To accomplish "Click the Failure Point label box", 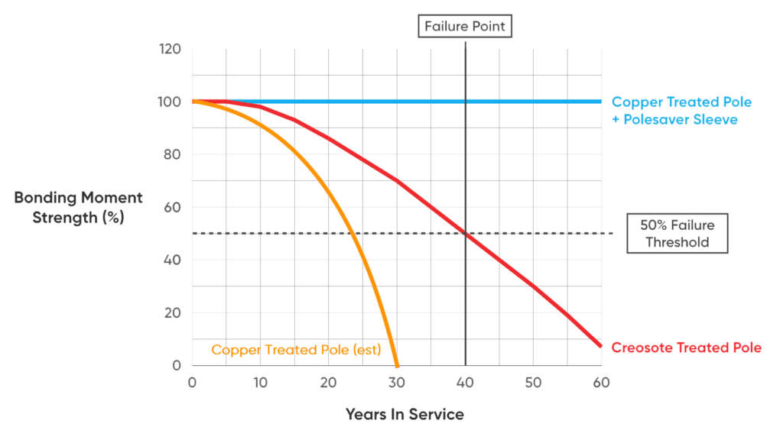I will pyautogui.click(x=466, y=27).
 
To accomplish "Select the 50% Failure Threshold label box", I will pyautogui.click(x=677, y=233).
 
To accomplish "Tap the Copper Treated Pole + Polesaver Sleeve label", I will pyautogui.click(x=681, y=111).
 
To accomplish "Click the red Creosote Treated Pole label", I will pyautogui.click(x=686, y=348).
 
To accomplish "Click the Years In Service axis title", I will pyautogui.click(x=404, y=415).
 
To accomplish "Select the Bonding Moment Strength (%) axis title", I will pyautogui.click(x=79, y=207).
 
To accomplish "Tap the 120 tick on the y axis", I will pyautogui.click(x=170, y=50).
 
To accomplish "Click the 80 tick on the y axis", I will pyautogui.click(x=172, y=154).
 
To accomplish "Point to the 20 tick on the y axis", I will pyautogui.click(x=172, y=313).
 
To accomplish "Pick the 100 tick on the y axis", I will pyautogui.click(x=170, y=102).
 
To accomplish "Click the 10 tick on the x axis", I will pyautogui.click(x=260, y=382).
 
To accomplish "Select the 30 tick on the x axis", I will pyautogui.click(x=397, y=382).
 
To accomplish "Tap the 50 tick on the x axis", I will pyautogui.click(x=534, y=382).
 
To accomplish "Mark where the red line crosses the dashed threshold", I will pyautogui.click(x=466, y=233).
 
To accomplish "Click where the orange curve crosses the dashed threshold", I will pyautogui.click(x=351, y=233).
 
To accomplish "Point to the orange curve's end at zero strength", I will pyautogui.click(x=396, y=366).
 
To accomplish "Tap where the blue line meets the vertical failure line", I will pyautogui.click(x=466, y=102).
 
